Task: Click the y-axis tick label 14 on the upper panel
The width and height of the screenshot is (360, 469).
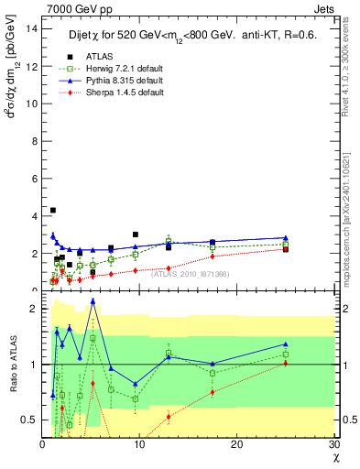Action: tap(32, 27)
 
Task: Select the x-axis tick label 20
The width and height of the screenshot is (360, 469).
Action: tap(238, 445)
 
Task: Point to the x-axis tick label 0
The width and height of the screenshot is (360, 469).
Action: tap(43, 445)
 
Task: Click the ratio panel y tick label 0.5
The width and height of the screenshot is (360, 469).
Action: tap(30, 420)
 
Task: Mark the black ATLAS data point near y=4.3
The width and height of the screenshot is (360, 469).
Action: tap(53, 211)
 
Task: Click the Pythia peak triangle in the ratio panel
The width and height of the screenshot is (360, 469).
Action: tap(93, 300)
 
